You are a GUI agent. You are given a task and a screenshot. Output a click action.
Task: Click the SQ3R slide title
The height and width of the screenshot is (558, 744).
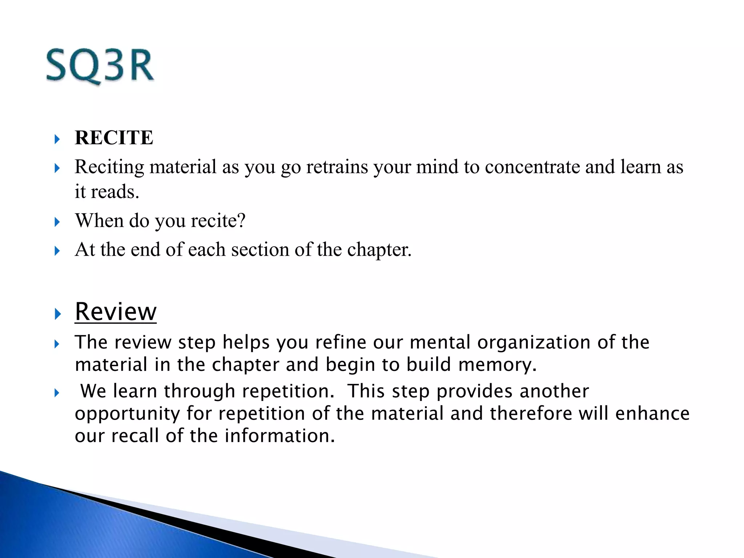click(x=100, y=66)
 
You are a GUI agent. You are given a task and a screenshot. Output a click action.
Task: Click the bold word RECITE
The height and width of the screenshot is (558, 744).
click(x=114, y=138)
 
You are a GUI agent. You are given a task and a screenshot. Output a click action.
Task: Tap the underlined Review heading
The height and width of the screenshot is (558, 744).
click(x=116, y=312)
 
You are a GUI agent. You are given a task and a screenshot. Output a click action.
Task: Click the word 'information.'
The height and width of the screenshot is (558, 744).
click(x=279, y=436)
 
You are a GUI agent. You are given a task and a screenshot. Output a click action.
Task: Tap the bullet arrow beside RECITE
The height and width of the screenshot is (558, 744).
click(x=57, y=139)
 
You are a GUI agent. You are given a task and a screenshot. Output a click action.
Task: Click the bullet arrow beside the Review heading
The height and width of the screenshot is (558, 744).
click(x=57, y=314)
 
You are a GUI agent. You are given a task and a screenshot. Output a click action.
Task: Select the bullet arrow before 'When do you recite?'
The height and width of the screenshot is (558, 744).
click(x=57, y=222)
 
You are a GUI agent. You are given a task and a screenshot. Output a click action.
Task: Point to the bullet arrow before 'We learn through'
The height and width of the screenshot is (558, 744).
click(x=57, y=393)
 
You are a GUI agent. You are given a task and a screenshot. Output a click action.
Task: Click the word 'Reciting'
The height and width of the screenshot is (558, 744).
click(x=109, y=168)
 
